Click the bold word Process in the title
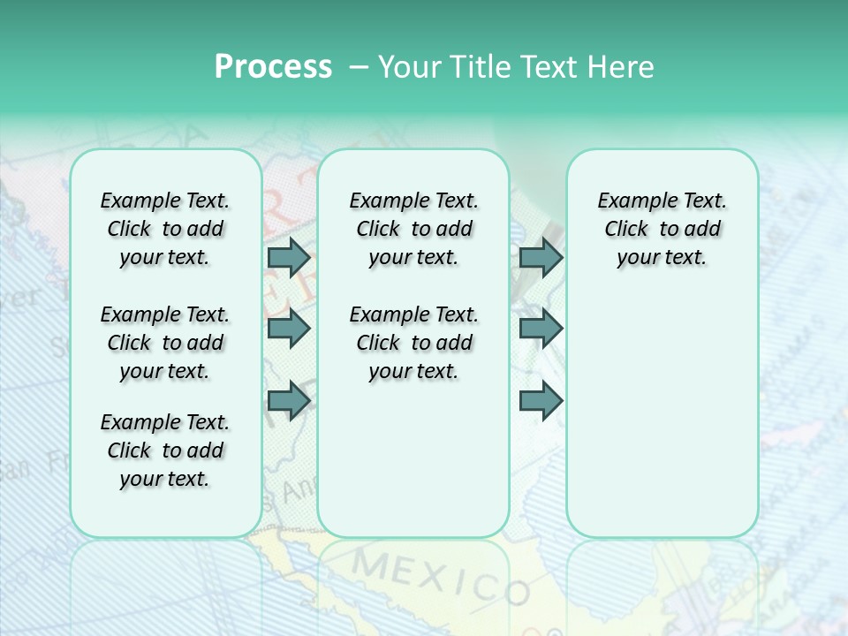tap(273, 67)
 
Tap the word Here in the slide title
tap(620, 67)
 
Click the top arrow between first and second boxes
tap(289, 258)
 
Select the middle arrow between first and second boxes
tap(289, 329)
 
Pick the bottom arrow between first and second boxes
tap(289, 401)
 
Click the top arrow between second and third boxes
tap(541, 258)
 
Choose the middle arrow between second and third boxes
tap(541, 329)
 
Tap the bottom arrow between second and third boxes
tap(541, 401)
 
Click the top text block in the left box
tap(165, 229)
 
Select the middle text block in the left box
tap(165, 343)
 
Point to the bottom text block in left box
tap(165, 450)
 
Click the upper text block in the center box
tap(413, 229)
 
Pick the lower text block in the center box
tap(413, 343)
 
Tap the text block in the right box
tap(662, 229)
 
